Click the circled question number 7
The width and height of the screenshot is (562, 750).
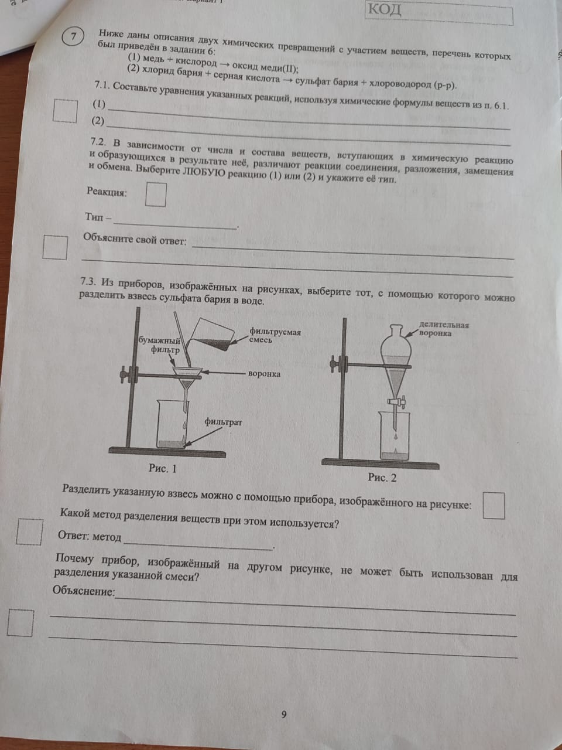73,36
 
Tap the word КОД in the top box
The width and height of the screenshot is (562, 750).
385,9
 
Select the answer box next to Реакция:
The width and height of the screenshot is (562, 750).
156,195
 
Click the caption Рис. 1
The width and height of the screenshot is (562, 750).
162,468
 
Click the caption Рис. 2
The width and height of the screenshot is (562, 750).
382,478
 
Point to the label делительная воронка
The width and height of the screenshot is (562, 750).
444,329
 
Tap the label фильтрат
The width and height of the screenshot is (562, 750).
223,422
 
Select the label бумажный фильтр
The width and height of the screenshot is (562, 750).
159,345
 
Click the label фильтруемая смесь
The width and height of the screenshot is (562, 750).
275,335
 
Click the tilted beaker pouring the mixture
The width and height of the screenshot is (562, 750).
211,334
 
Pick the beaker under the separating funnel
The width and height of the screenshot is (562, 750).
395,436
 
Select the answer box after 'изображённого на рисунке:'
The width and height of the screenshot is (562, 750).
494,506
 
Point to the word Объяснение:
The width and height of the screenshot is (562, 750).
84,591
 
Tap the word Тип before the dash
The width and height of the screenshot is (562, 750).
94,217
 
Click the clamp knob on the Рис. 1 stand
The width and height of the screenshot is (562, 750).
125,375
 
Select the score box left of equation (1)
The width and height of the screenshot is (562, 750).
65,111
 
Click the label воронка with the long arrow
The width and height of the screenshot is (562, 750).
265,373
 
